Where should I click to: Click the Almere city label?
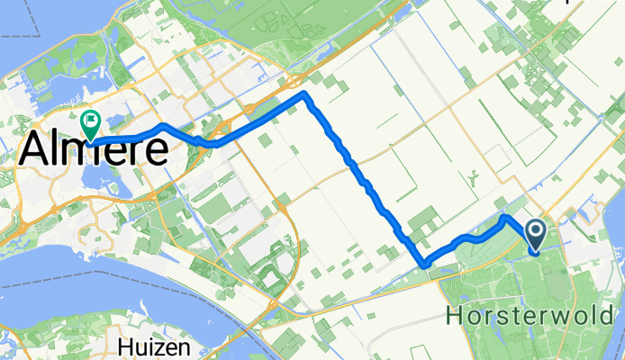pyautogui.click(x=93, y=148)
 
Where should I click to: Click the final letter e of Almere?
pyautogui.click(x=156, y=150)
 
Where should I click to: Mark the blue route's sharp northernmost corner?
pyautogui.click(x=305, y=94)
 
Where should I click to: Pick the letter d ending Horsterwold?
pyautogui.click(x=615, y=316)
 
